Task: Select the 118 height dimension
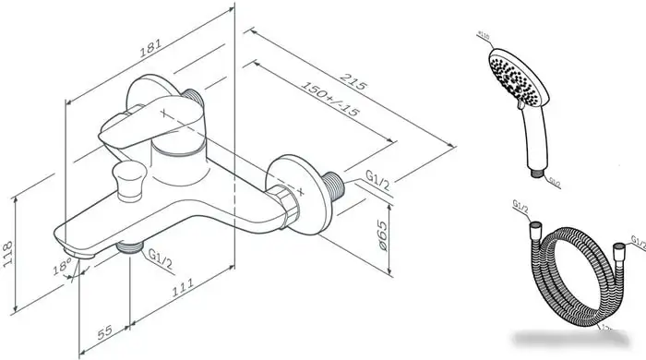[10, 248]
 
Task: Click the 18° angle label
[61, 268]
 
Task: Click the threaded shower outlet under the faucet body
[132, 248]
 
